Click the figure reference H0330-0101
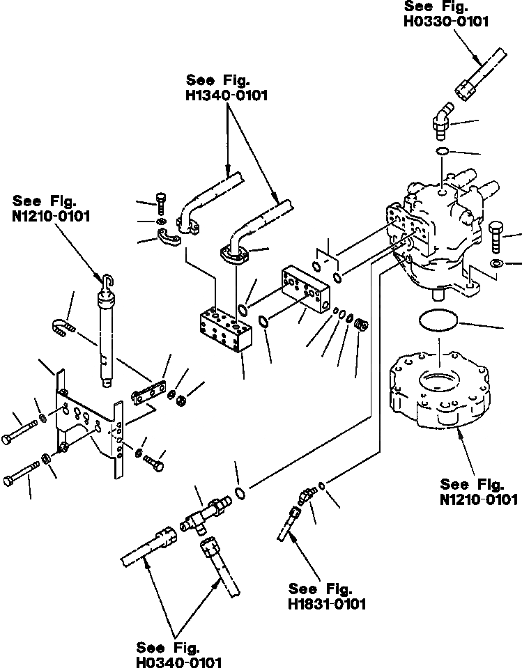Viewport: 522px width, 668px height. pos(446,22)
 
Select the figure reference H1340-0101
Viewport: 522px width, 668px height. pos(227,95)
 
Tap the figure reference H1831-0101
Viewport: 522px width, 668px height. pos(327,604)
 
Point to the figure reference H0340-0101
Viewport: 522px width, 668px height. pos(179,662)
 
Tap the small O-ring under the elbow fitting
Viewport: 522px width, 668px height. pos(443,150)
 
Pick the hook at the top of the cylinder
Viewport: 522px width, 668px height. pos(108,281)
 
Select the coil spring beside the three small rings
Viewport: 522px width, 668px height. pos(361,325)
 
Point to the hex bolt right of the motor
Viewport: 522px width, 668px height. pos(496,237)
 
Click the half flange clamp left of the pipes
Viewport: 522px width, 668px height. pos(169,237)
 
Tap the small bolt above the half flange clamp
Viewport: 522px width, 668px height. pos(161,203)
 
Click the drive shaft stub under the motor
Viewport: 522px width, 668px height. pos(439,295)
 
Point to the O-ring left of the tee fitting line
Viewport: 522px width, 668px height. pos(240,493)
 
